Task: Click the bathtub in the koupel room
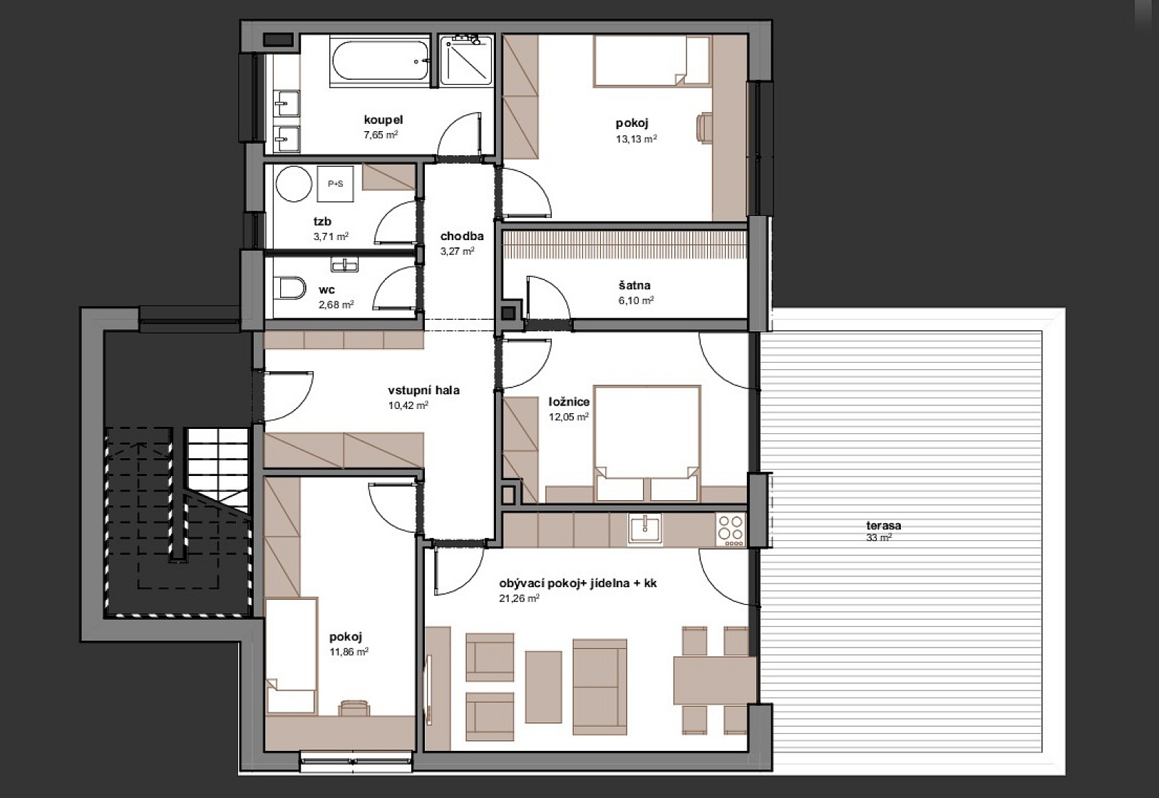(x=381, y=61)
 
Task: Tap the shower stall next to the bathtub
(x=466, y=59)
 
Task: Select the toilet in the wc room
(x=292, y=288)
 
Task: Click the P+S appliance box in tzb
(x=335, y=184)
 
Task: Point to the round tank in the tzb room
(x=294, y=184)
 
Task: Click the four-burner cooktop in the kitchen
(x=731, y=529)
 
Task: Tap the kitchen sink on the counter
(x=644, y=529)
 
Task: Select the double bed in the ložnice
(x=647, y=443)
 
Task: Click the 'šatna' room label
(x=634, y=285)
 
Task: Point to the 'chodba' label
(x=462, y=237)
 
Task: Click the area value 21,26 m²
(x=520, y=598)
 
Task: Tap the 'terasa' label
(x=884, y=525)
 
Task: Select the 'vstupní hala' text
(x=424, y=390)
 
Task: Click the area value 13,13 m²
(x=637, y=139)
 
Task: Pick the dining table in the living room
(x=714, y=680)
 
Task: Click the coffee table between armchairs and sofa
(x=543, y=687)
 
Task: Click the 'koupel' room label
(x=383, y=120)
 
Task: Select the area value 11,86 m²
(x=349, y=652)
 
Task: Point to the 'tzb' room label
(x=322, y=222)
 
